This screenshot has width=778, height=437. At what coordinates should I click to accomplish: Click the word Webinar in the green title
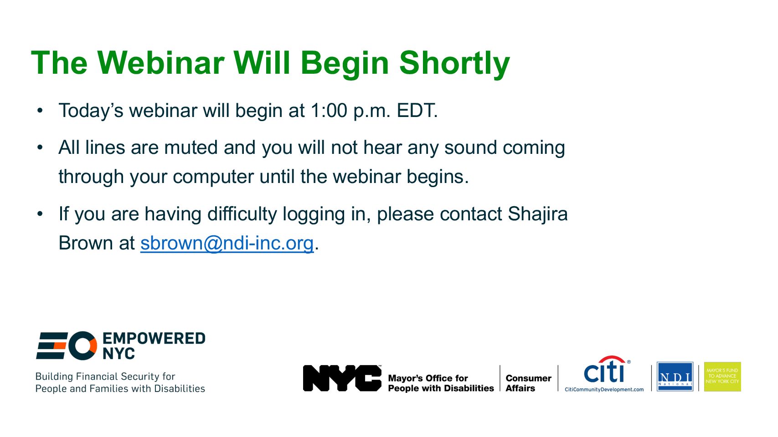pos(161,63)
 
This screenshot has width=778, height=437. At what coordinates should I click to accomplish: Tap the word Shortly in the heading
pos(455,65)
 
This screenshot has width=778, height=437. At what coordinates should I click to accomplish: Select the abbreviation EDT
pos(417,111)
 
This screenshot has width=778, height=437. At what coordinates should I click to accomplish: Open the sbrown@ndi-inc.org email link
pos(227,243)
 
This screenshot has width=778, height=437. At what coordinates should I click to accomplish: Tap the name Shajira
pos(538,214)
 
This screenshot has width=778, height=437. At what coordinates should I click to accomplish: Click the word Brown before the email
pos(85,243)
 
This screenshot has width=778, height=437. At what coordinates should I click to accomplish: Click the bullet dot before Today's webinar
pos(40,111)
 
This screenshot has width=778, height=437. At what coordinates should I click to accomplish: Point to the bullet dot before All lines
pos(40,147)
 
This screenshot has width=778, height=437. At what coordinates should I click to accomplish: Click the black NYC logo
pos(342,378)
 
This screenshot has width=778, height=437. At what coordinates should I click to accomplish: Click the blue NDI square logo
pos(675,376)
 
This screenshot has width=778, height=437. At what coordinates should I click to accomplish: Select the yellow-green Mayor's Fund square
pos(722,376)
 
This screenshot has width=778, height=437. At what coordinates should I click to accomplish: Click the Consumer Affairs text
pos(528,383)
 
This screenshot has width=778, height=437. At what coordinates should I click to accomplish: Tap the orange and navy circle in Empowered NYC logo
pos(82,346)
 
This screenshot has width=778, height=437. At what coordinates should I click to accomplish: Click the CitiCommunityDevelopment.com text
pos(604,390)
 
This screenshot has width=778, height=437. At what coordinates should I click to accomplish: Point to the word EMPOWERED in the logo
pos(154,339)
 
